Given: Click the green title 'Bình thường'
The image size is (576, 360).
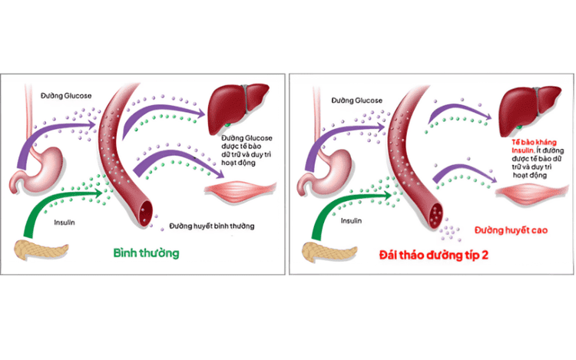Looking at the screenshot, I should (147, 253).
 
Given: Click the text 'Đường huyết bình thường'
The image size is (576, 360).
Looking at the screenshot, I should (211, 226).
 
